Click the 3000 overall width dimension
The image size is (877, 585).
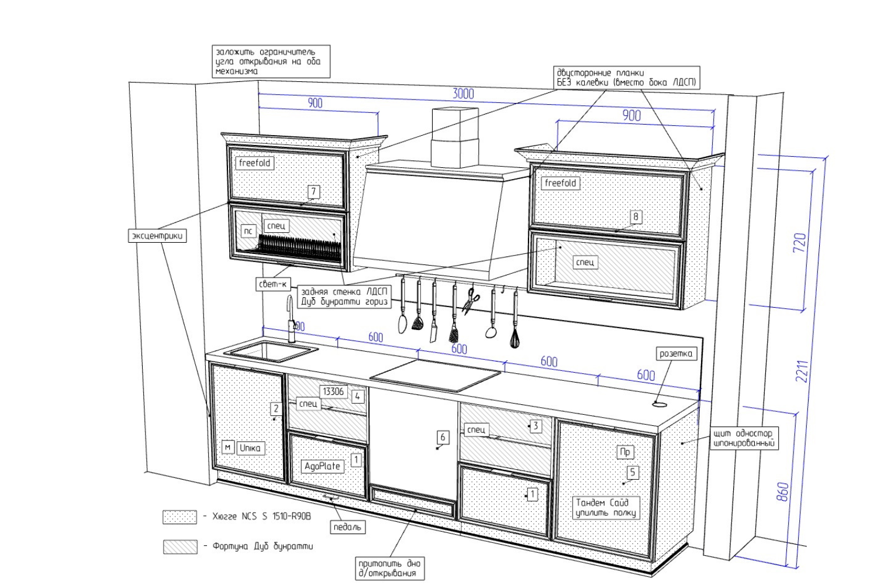click(463, 94)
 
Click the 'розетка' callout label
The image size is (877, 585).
click(675, 353)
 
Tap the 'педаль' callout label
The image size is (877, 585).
click(347, 527)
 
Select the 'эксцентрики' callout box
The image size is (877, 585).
click(157, 236)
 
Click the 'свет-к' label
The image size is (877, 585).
click(273, 284)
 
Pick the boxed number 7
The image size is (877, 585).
click(313, 192)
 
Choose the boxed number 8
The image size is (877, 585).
click(636, 217)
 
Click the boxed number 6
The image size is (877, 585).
click(443, 437)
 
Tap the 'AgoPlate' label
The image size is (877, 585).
click(322, 466)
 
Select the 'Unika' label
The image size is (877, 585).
click(250, 448)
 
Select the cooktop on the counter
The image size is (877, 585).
click(436, 375)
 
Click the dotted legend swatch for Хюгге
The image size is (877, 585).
click(179, 517)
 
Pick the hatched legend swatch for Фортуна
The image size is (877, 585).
click(179, 546)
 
